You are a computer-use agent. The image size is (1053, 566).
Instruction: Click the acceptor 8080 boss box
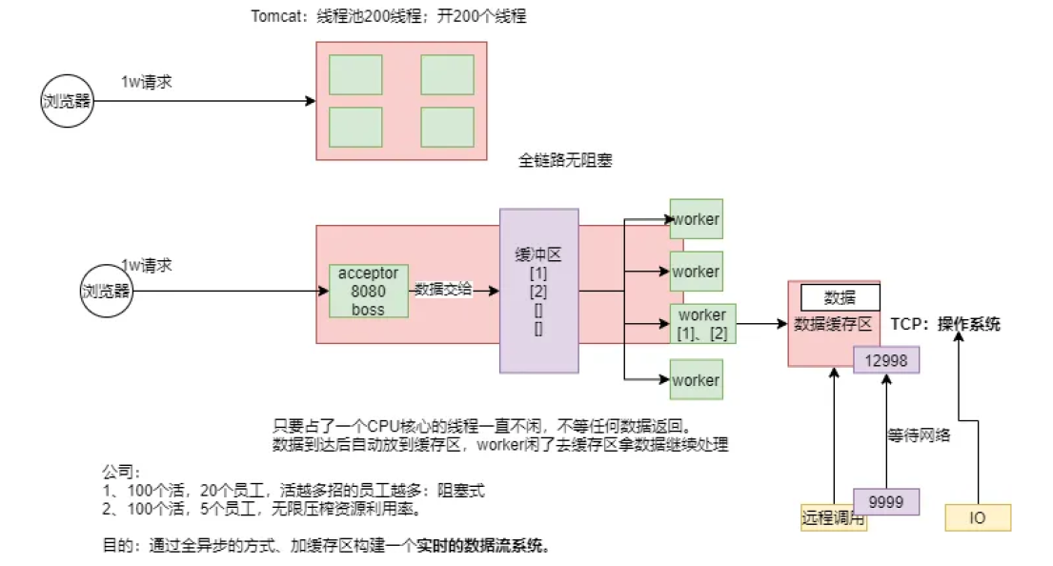[369, 291]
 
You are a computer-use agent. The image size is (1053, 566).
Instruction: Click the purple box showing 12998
[886, 359]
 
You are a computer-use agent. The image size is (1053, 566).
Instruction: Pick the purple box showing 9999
[886, 501]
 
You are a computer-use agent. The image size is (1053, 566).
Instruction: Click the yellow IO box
[977, 517]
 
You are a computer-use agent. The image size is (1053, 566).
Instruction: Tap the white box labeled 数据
[840, 297]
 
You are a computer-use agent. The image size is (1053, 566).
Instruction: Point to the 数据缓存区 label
[833, 324]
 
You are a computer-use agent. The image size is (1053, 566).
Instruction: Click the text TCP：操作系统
[945, 324]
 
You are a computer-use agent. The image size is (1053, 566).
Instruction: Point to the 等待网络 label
[919, 435]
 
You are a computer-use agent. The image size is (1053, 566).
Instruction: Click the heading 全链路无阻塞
[565, 161]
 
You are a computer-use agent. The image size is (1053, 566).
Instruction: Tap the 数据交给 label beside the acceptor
[443, 290]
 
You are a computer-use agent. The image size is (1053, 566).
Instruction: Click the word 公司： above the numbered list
[121, 472]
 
